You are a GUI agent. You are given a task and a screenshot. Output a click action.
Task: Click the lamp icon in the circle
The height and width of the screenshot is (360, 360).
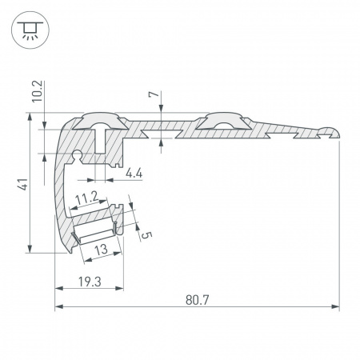tap(29, 30)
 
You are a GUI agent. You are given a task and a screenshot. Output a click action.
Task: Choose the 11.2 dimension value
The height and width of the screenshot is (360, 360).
tap(86, 195)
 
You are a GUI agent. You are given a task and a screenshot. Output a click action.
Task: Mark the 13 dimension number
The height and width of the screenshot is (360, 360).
tap(102, 250)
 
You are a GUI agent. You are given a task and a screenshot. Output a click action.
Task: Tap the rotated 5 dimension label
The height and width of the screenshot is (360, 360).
tap(144, 234)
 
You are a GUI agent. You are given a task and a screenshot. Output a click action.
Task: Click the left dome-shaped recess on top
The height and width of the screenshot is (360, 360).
tap(101, 122)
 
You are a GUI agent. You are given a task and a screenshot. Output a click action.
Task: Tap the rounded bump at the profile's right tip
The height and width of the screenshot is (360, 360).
tap(331, 128)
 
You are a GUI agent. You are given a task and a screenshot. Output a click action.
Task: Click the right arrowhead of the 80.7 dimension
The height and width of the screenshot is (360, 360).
tap(335, 307)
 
